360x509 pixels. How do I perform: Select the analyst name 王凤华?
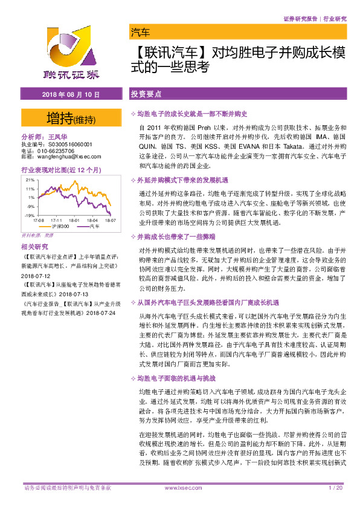(59, 138)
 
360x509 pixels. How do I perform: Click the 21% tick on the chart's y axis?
(30, 180)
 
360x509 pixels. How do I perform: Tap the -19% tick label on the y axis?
(29, 215)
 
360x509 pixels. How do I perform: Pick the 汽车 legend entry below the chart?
(93, 226)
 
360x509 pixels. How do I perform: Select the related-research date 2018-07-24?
(100, 314)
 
